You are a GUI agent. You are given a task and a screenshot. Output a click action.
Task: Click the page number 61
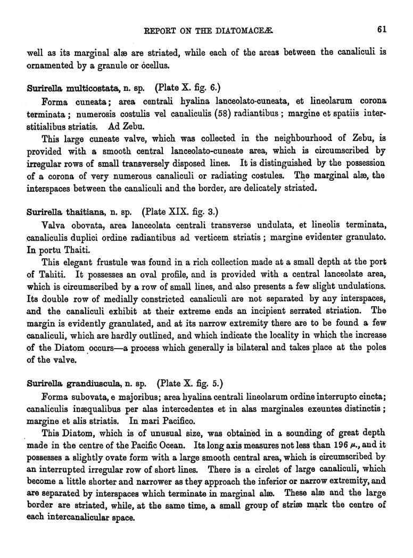point(381,30)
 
